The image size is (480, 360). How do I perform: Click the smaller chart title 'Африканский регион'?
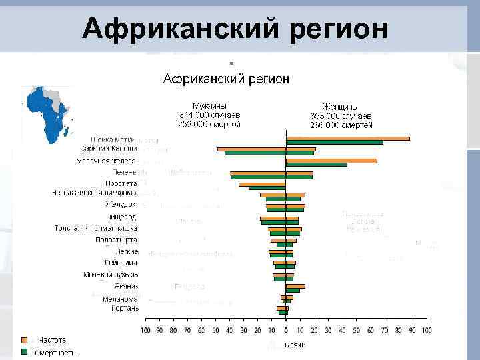(227, 79)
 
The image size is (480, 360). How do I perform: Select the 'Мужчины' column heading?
(209, 106)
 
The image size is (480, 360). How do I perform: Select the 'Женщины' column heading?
(340, 106)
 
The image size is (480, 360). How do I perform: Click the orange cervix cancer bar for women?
(347, 138)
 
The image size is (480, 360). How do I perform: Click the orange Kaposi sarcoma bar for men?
(251, 149)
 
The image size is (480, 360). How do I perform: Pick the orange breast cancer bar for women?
(331, 161)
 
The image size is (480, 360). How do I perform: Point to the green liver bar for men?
(257, 177)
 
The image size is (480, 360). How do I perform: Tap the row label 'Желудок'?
(121, 204)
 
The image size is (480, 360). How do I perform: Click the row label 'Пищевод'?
(121, 217)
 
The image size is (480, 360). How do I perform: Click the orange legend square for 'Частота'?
(25, 339)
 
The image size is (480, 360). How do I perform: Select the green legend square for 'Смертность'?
(25, 351)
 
